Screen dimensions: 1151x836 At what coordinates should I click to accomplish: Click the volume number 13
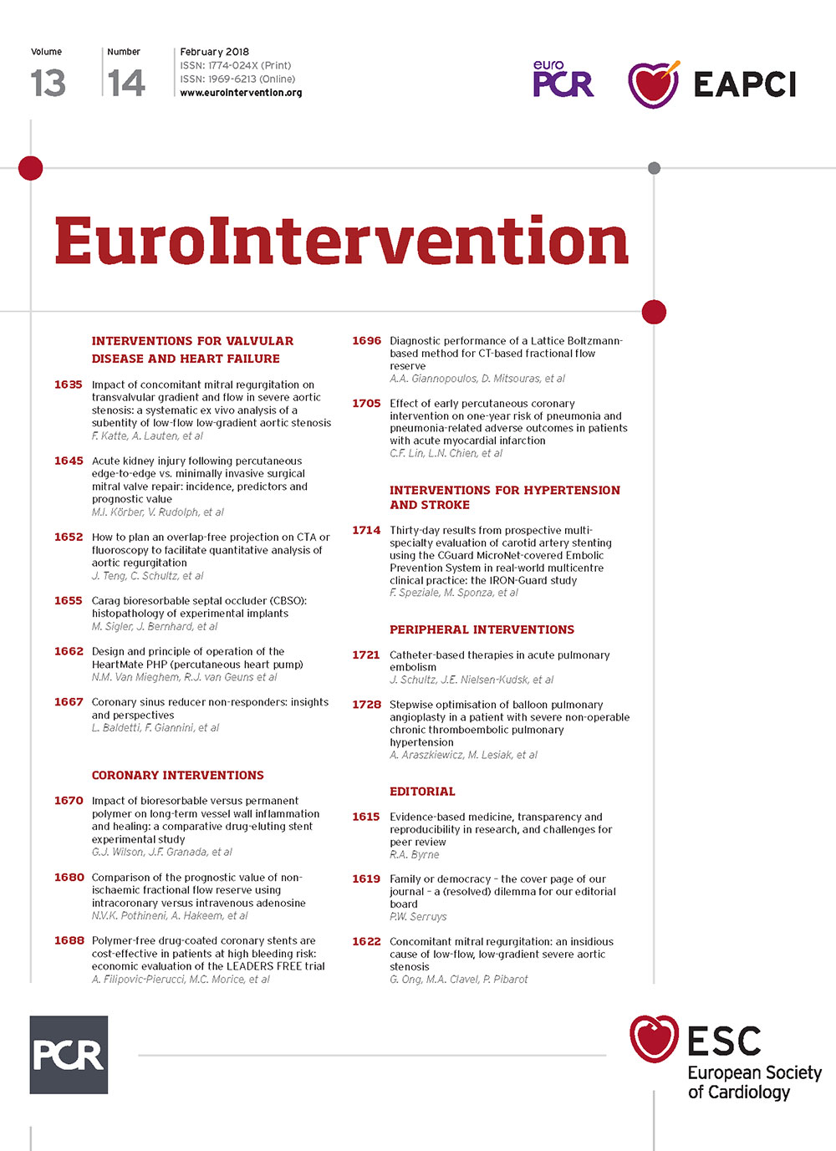(48, 83)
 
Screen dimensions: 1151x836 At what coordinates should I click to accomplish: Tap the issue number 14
(127, 83)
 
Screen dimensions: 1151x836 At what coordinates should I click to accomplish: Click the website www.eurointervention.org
(241, 93)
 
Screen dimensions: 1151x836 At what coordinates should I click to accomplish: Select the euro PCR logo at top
(563, 79)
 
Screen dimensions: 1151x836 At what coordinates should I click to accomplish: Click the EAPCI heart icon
(654, 84)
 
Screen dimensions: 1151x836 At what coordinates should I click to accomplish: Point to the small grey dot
(655, 168)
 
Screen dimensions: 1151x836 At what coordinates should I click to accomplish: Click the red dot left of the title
(31, 168)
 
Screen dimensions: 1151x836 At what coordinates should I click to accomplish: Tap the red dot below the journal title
(654, 312)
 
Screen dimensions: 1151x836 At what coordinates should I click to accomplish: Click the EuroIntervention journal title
(341, 242)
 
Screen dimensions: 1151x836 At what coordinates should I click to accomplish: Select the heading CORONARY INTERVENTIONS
(177, 775)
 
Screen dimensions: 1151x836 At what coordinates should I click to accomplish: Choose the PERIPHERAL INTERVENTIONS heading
(482, 629)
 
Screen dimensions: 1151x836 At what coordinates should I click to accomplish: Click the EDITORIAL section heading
(422, 792)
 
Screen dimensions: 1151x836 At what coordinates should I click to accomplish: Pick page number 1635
(69, 385)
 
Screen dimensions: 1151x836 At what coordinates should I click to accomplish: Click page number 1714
(366, 530)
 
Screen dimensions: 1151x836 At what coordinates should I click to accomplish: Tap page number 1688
(69, 940)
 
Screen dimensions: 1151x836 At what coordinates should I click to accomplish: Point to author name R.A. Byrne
(415, 854)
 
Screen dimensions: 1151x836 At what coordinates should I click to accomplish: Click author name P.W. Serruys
(418, 916)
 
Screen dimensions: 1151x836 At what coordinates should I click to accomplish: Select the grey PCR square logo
(69, 1055)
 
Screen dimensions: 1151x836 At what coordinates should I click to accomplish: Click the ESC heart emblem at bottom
(655, 1039)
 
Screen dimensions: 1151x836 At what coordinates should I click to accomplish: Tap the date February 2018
(215, 52)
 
